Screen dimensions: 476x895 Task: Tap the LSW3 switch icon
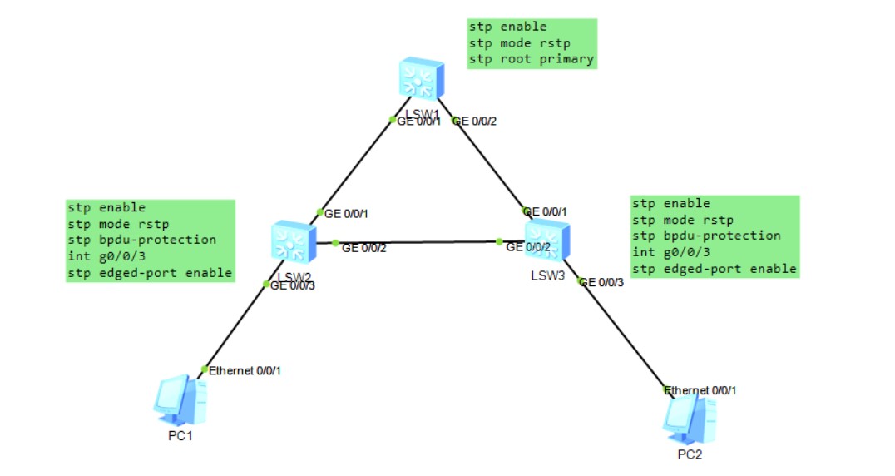(x=546, y=241)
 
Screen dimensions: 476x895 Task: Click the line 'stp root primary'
(x=531, y=59)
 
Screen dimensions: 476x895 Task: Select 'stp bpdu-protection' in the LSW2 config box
(x=141, y=240)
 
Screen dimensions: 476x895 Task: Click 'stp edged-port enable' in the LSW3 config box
(x=714, y=269)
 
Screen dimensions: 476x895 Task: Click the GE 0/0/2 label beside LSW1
(x=477, y=121)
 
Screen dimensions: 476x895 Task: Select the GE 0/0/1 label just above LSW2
(x=346, y=214)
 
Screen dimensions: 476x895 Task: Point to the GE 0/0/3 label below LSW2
(x=292, y=285)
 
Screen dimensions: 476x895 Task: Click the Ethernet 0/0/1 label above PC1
(x=245, y=370)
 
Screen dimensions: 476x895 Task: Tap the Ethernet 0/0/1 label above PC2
(x=703, y=389)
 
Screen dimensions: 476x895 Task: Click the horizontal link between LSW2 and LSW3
(x=416, y=243)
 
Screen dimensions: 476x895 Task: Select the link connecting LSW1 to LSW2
(x=354, y=166)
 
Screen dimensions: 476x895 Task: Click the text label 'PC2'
(x=690, y=454)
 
